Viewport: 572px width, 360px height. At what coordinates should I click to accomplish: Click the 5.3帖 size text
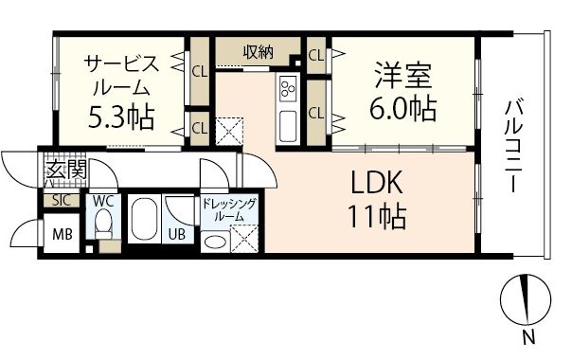(120, 118)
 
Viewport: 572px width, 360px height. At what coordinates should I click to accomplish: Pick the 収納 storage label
(258, 52)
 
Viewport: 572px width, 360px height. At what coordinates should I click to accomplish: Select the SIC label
(60, 201)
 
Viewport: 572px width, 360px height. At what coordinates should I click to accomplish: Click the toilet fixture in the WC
(103, 227)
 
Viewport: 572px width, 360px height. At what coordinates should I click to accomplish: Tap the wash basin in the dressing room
(215, 243)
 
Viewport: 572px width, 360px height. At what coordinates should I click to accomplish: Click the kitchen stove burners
(288, 90)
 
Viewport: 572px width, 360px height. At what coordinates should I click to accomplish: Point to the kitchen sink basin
(288, 123)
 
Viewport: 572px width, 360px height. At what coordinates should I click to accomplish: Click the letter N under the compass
(527, 337)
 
